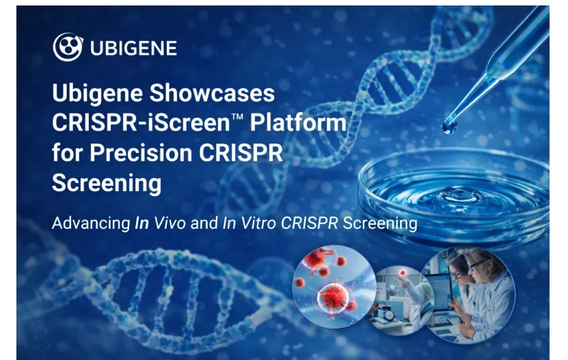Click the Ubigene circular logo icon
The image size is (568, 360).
click(x=68, y=47)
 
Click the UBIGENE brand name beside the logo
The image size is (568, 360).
click(x=134, y=49)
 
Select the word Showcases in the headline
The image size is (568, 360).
click(x=212, y=93)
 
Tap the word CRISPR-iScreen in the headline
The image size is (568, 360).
click(x=141, y=122)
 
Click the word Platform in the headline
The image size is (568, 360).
click(x=298, y=122)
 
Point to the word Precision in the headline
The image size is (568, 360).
click(x=141, y=152)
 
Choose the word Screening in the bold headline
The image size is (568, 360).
click(x=107, y=183)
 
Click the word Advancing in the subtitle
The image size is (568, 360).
click(x=91, y=223)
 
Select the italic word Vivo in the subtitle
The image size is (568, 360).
click(x=170, y=223)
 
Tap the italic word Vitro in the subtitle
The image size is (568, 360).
click(x=258, y=223)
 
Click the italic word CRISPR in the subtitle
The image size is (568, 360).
click(x=310, y=223)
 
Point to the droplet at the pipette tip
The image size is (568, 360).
click(x=449, y=127)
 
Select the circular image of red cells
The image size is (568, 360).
click(x=334, y=286)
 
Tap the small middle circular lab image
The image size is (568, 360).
click(x=401, y=301)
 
